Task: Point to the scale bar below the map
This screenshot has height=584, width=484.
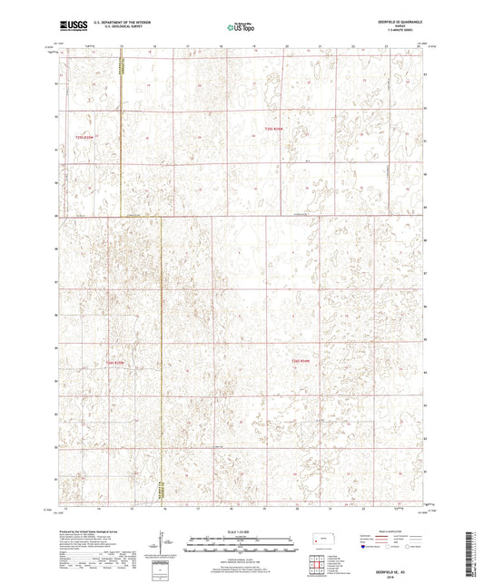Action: [x=241, y=544]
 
